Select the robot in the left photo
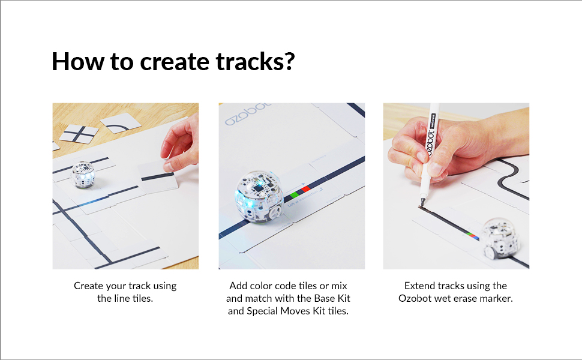point(83,174)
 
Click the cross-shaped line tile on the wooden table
point(78,133)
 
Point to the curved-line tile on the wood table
point(121,124)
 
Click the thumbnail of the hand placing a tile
point(125,186)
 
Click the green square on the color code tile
point(294,195)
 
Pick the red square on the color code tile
point(305,189)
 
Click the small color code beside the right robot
point(473,235)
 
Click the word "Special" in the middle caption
point(262,311)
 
